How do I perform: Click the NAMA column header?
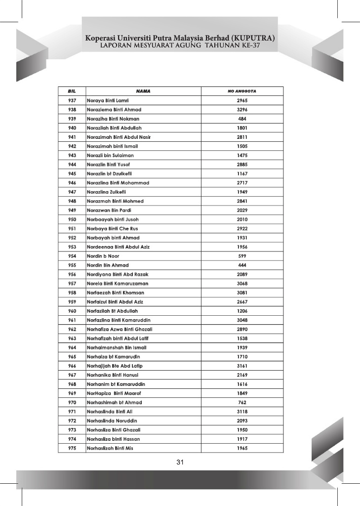[x=143, y=91]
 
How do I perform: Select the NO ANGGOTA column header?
[x=242, y=91]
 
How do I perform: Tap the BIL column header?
[x=72, y=91]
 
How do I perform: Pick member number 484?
[x=242, y=119]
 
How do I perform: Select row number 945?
[x=72, y=173]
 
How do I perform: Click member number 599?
[x=242, y=256]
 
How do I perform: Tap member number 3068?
[x=242, y=284]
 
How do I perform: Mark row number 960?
[x=72, y=311]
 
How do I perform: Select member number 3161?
[x=242, y=366]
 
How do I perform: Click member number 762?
[x=242, y=402]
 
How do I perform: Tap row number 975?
[x=72, y=448]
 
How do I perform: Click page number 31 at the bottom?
[x=180, y=463]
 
